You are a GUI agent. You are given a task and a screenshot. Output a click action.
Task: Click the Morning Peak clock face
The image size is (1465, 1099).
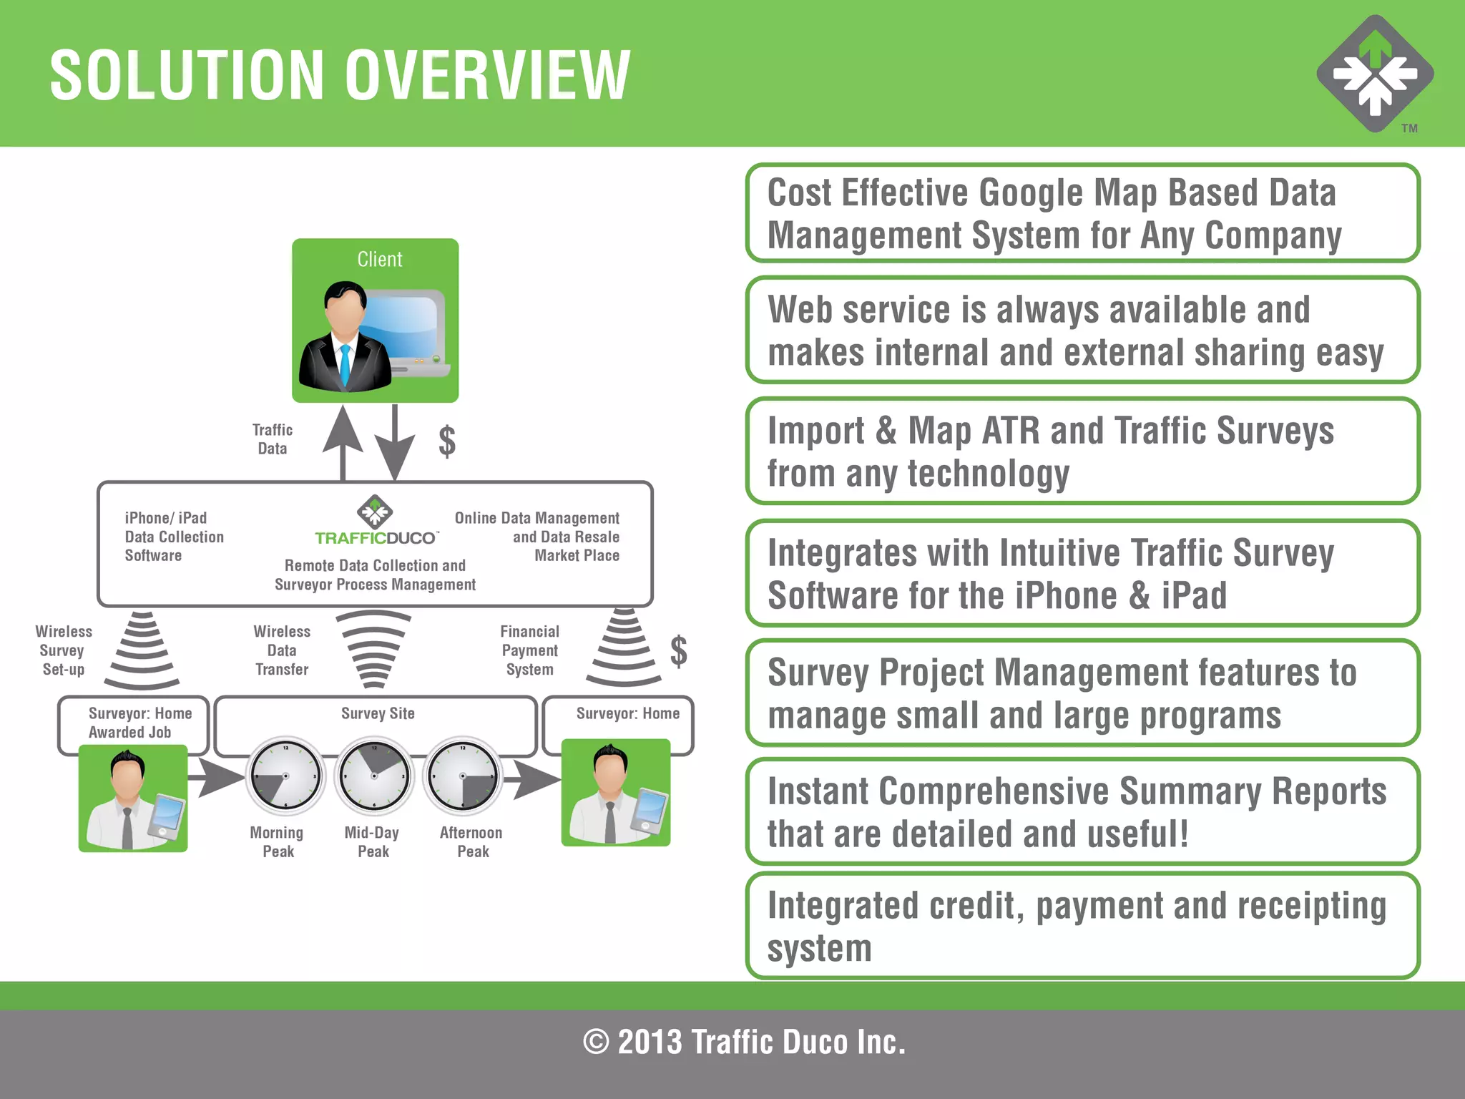285,776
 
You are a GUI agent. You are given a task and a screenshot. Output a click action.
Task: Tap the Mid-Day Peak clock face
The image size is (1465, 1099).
374,776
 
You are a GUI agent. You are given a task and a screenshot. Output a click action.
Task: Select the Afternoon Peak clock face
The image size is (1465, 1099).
463,776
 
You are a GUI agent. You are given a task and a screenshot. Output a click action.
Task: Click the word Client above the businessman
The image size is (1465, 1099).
379,259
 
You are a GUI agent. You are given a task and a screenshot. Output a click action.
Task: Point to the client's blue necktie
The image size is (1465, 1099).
345,365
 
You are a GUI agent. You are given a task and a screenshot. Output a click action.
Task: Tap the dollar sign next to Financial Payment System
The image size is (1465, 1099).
678,651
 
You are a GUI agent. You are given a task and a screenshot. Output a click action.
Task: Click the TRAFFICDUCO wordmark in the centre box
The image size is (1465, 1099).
376,538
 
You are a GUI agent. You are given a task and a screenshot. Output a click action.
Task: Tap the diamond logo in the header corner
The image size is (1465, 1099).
1375,74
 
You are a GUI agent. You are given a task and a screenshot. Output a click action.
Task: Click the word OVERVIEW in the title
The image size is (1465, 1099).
487,75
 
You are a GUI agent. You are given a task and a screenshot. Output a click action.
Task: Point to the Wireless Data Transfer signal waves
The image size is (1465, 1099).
373,648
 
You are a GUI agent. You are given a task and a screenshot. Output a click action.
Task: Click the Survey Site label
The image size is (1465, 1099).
378,713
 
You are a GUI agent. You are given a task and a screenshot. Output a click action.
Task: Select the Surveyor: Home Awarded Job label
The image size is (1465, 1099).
139,723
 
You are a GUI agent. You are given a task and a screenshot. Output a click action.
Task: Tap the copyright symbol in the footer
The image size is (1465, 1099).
596,1042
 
